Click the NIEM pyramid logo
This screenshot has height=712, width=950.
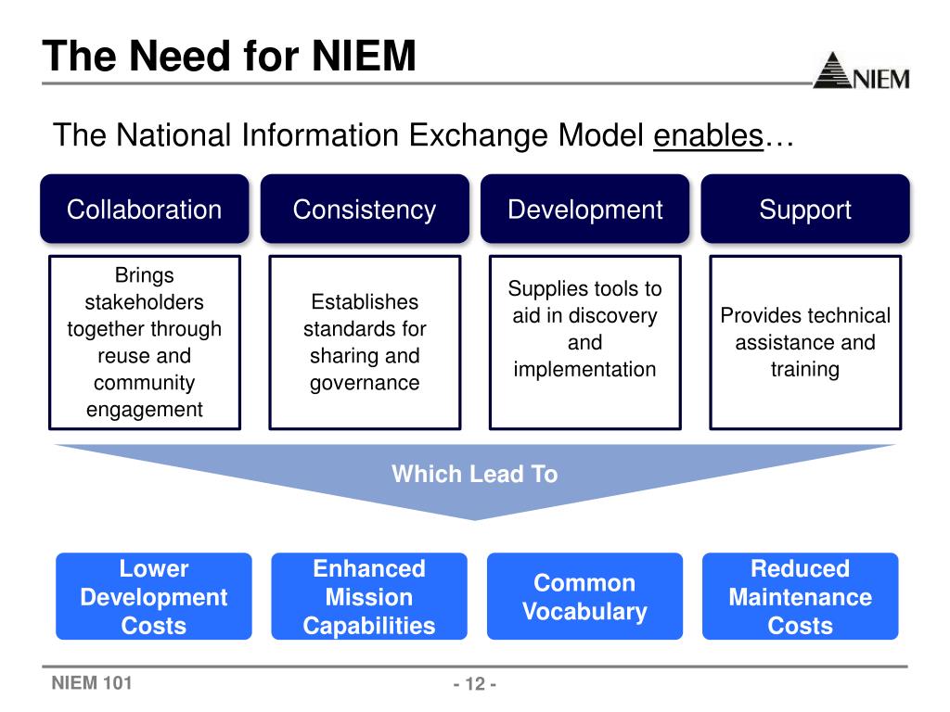(860, 70)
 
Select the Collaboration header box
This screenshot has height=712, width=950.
(144, 210)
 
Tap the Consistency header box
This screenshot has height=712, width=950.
(364, 210)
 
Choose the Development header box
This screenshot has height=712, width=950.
(584, 210)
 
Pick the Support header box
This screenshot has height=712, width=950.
(804, 210)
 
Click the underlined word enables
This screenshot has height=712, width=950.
(708, 136)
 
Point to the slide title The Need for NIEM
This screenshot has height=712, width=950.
(229, 56)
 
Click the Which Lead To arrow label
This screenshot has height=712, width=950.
(474, 475)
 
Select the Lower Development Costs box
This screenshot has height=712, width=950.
(153, 596)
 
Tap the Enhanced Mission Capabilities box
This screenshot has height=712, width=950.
(368, 596)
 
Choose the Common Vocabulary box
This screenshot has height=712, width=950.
(584, 596)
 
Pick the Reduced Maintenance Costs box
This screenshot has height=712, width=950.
(800, 596)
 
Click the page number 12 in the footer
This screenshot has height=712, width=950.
(475, 685)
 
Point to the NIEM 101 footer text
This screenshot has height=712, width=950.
(92, 684)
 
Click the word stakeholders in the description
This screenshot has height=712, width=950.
(144, 302)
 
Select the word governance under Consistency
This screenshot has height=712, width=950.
(364, 383)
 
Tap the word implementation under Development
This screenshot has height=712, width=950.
(584, 369)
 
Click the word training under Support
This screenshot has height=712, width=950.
(804, 369)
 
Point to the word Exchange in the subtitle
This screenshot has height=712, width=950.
(479, 136)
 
